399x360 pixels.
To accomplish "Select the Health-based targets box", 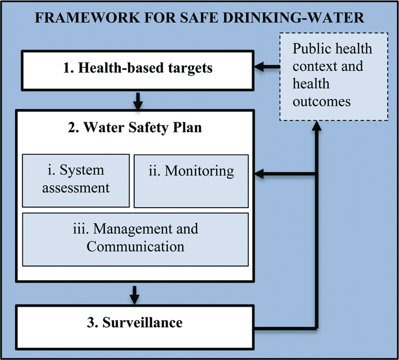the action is (138, 70).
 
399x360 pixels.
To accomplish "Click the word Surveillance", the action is (142, 322).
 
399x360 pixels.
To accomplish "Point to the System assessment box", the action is (76, 180).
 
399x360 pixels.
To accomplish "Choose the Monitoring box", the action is (191, 181).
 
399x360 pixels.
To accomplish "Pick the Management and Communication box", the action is (135, 240).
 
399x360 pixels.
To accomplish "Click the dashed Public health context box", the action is (334, 77).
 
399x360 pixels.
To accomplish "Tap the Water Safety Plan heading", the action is (135, 127).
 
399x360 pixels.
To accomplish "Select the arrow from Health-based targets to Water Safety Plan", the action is (138, 101).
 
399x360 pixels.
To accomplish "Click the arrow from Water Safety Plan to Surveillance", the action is (135, 295).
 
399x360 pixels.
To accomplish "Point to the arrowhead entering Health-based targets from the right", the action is (259, 67).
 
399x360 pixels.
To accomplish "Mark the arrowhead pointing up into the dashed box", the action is (316, 126).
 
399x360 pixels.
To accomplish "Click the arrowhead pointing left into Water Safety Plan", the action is (259, 174).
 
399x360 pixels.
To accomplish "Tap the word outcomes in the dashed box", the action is (322, 102).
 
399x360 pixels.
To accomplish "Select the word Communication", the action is (135, 247).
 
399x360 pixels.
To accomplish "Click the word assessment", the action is (76, 188).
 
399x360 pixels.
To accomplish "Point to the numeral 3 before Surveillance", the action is (92, 322).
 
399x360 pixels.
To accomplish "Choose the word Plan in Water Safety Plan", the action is (187, 127).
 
